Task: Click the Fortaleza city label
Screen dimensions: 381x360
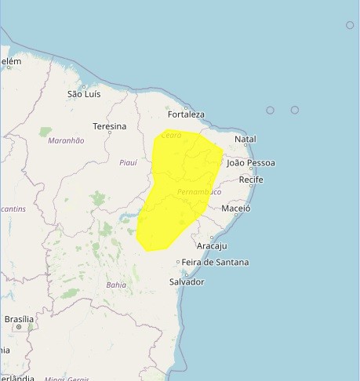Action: point(186,114)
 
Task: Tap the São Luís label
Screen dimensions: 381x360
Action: point(84,94)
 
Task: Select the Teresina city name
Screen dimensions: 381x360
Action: point(109,126)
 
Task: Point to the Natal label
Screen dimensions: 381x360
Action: point(245,140)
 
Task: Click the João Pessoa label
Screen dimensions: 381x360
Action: point(251,163)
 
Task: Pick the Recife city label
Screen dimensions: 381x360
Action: point(251,180)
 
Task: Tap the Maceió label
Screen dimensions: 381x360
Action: point(235,209)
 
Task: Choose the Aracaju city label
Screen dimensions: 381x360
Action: point(211,245)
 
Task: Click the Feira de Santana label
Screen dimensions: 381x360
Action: point(215,262)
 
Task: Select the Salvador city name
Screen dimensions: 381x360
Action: point(187,281)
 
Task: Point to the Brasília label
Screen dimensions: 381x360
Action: point(19,319)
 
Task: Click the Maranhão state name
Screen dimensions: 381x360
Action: point(66,140)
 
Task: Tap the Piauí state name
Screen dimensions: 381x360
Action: point(127,162)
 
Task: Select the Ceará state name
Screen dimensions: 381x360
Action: point(171,136)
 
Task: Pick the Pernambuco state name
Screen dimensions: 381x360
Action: point(199,192)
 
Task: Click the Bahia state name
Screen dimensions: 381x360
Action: point(115,285)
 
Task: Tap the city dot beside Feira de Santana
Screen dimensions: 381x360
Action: point(178,262)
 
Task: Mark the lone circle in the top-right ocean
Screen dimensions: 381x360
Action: point(350,25)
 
